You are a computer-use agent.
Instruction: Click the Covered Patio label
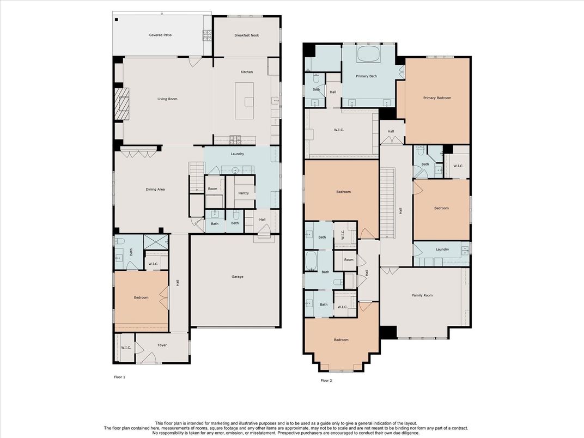point(160,35)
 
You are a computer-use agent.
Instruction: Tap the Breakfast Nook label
point(247,35)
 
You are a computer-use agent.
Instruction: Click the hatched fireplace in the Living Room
point(121,104)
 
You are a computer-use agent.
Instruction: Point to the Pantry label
point(244,193)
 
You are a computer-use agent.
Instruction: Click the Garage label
point(238,276)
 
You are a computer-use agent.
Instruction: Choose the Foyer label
point(162,345)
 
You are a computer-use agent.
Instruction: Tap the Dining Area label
point(155,189)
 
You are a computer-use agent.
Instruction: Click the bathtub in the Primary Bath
point(369,54)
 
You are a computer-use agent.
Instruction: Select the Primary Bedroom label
point(437,98)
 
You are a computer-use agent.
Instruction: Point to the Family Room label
point(422,295)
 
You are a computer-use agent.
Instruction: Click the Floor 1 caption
point(119,377)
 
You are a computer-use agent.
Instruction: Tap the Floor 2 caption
point(326,381)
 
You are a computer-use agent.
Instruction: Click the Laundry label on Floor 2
point(442,250)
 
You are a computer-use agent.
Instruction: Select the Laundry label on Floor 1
point(238,154)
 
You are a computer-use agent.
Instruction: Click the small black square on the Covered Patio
point(117,20)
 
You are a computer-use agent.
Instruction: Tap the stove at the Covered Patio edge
point(207,35)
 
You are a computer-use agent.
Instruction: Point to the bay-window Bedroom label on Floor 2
point(341,340)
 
